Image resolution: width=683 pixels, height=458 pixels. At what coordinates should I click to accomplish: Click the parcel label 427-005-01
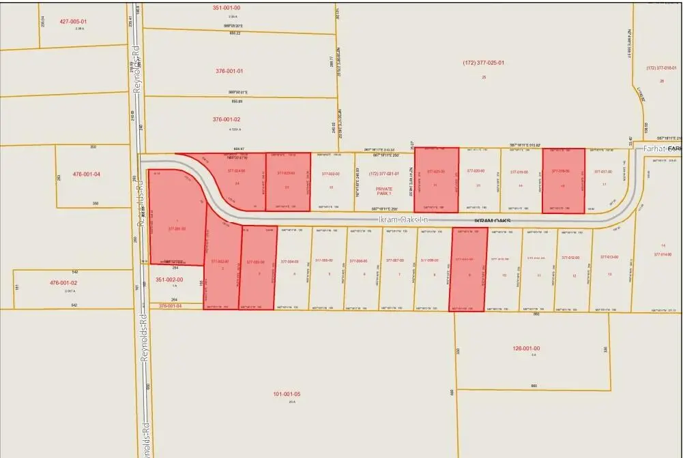tap(73, 21)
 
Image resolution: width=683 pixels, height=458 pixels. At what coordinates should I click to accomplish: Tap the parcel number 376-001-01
tap(229, 71)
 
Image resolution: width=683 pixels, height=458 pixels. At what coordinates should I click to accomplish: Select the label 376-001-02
tap(227, 119)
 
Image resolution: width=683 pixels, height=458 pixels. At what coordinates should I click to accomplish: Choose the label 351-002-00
tap(174, 278)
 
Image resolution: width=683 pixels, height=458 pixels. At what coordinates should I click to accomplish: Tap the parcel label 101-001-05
tap(287, 394)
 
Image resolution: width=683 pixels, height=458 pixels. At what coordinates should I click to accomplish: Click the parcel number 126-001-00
tap(525, 348)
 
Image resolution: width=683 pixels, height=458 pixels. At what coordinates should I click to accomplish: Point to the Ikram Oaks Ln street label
tap(402, 220)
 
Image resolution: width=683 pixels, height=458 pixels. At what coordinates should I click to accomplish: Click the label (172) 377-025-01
tap(483, 63)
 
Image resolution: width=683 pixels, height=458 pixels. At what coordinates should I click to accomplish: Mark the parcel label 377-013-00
tap(609, 257)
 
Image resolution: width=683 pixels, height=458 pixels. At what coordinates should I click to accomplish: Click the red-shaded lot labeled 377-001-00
tap(176, 228)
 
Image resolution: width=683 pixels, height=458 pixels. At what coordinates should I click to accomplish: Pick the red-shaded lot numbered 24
tap(237, 184)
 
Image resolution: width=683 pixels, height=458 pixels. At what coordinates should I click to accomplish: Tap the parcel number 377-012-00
tap(574, 259)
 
